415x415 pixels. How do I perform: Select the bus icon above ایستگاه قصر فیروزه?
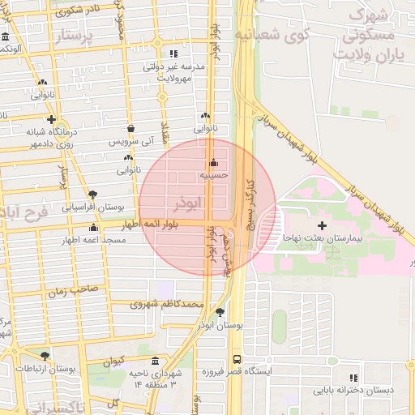[237, 357]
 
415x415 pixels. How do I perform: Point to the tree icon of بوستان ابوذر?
[220, 312]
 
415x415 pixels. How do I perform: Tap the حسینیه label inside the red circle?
[215, 173]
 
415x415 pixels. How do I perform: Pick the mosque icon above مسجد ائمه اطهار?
[94, 227]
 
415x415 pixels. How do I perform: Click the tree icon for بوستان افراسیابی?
[93, 195]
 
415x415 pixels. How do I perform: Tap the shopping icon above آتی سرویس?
[130, 127]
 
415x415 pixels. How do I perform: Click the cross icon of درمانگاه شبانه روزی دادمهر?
[51, 118]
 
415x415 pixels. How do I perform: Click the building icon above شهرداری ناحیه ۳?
[155, 361]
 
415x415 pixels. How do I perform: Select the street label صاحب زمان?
[75, 288]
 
